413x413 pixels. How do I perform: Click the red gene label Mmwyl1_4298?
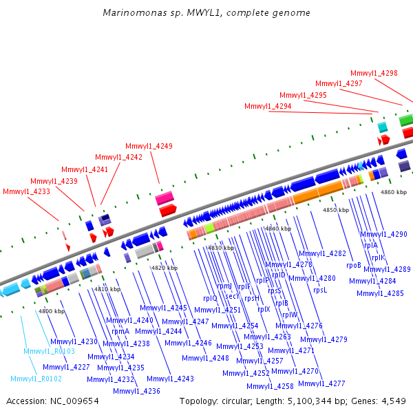374,73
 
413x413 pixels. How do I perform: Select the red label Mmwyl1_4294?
268,107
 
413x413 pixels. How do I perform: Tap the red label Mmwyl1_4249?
149,146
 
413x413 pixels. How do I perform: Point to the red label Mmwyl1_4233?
26,191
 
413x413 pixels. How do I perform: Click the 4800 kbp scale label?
52,312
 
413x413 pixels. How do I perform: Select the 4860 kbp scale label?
394,192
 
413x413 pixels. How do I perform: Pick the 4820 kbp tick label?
165,268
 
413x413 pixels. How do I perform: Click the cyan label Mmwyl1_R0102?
36,379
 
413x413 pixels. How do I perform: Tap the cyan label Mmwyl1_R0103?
49,351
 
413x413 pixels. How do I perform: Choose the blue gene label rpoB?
354,265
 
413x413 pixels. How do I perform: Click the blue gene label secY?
233,296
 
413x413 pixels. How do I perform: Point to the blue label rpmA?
120,331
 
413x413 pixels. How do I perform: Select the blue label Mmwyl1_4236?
136,391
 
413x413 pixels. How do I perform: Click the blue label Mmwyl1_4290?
383,234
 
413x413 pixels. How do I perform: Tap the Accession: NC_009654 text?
52,401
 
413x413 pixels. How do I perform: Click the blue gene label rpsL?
320,290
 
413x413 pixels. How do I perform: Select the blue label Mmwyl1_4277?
321,383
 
